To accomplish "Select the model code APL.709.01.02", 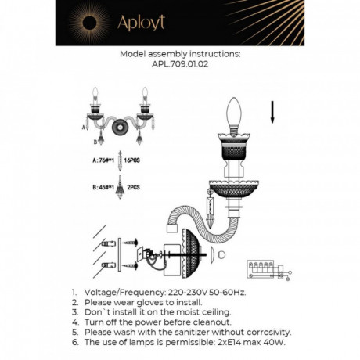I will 179,66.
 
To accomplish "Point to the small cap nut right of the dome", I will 221,255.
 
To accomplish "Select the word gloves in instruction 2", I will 152,301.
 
